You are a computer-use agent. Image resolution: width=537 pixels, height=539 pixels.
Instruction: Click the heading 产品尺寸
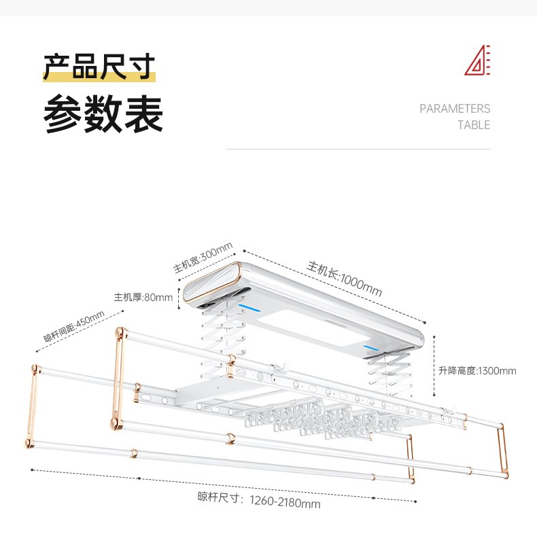pyautogui.click(x=99, y=67)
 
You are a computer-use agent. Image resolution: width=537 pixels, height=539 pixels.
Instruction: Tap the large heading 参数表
pyautogui.click(x=103, y=114)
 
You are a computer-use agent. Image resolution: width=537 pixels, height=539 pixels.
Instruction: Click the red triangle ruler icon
pyautogui.click(x=477, y=60)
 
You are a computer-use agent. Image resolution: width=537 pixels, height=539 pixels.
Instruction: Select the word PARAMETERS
pyautogui.click(x=455, y=109)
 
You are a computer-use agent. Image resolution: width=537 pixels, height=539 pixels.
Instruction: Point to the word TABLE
pyautogui.click(x=473, y=125)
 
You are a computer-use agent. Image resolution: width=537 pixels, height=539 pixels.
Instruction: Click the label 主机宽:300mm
pyautogui.click(x=203, y=257)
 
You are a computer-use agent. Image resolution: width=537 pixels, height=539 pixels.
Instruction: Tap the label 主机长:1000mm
pyautogui.click(x=345, y=279)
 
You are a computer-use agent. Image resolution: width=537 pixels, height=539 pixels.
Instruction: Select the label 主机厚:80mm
pyautogui.click(x=143, y=297)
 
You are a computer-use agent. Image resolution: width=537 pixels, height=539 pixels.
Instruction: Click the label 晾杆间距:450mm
pyautogui.click(x=74, y=326)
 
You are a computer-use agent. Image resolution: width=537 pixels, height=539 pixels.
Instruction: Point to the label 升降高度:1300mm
pyautogui.click(x=477, y=370)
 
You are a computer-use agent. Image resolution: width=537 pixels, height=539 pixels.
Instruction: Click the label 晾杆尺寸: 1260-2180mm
pyautogui.click(x=259, y=500)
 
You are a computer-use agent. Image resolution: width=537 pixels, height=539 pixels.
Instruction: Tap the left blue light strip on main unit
pyautogui.click(x=249, y=308)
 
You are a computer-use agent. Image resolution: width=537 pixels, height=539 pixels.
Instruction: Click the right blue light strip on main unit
pyautogui.click(x=371, y=348)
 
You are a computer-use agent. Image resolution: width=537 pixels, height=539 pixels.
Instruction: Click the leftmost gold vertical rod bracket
pyautogui.click(x=32, y=406)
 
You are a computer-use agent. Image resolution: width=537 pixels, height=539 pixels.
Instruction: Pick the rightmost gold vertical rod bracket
pyautogui.click(x=502, y=451)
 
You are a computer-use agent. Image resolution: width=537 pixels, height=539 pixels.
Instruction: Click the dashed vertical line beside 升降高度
pyautogui.click(x=434, y=366)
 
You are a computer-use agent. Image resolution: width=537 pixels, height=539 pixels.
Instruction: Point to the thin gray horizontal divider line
pyautogui.click(x=359, y=149)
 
